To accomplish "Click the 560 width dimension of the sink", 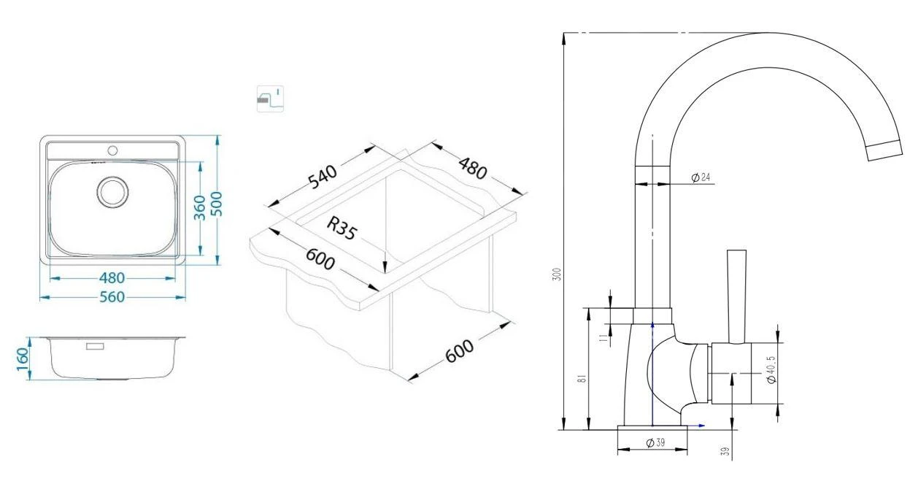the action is click(x=112, y=297).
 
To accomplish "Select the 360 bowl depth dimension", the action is click(x=200, y=207).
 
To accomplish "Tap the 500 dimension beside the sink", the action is click(x=217, y=204).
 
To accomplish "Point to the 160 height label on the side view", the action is click(x=23, y=358).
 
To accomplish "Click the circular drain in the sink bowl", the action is click(x=112, y=191).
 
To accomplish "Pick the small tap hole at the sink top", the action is click(x=112, y=150).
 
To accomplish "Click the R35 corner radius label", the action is click(x=342, y=228).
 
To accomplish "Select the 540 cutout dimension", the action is click(x=323, y=177).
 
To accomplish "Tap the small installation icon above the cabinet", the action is click(x=270, y=99).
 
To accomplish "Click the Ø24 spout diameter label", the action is click(x=701, y=177).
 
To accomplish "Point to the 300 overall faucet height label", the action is click(x=557, y=274).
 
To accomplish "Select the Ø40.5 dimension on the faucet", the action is click(x=771, y=369).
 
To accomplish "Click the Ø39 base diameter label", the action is click(x=655, y=443).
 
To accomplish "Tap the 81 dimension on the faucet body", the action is click(x=582, y=378).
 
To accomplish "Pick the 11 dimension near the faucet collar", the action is click(x=603, y=338).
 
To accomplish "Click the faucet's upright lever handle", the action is click(x=736, y=296).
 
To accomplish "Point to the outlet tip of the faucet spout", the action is click(x=885, y=150).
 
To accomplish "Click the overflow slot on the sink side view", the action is click(x=95, y=347).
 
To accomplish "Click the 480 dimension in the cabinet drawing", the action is click(x=473, y=169).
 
